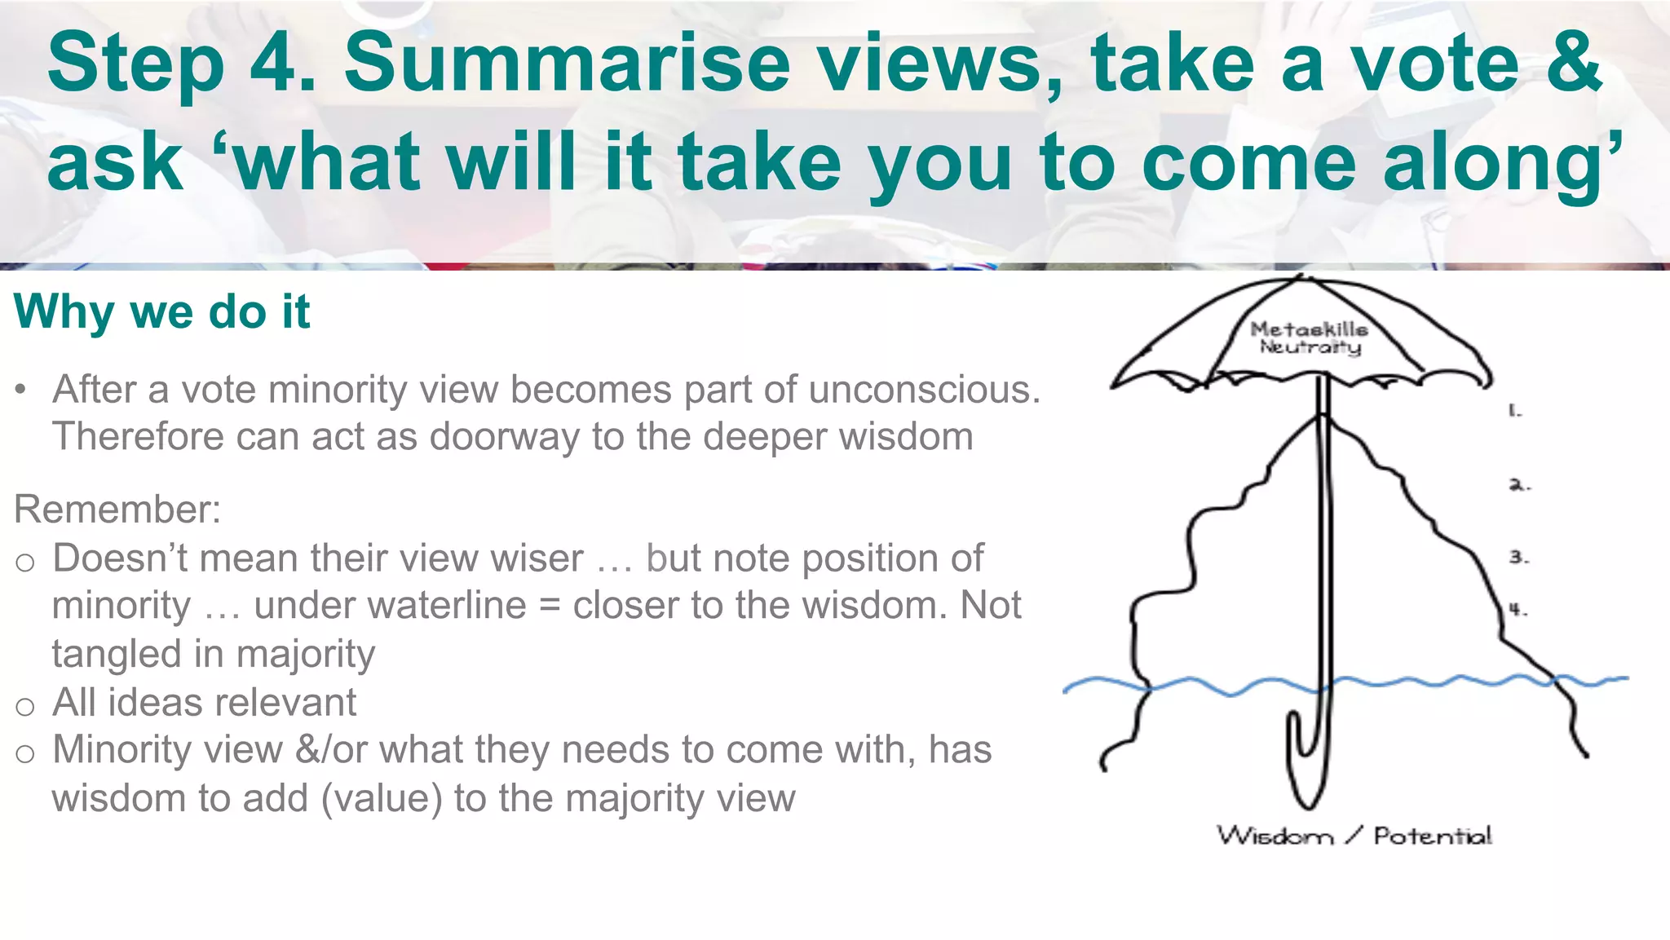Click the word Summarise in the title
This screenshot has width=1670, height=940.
coord(568,64)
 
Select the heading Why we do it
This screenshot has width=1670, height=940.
coord(161,311)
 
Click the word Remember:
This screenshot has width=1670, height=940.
coord(117,510)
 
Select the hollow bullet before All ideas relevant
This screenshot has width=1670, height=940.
coord(25,706)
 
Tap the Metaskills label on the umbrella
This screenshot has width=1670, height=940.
coord(1309,329)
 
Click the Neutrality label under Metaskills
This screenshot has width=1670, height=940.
coord(1310,347)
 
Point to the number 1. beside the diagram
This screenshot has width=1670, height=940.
coord(1514,411)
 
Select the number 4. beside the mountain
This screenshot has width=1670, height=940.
coord(1517,609)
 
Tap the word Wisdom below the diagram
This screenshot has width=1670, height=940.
coord(1275,836)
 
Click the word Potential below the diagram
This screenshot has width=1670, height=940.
coord(1433,836)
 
